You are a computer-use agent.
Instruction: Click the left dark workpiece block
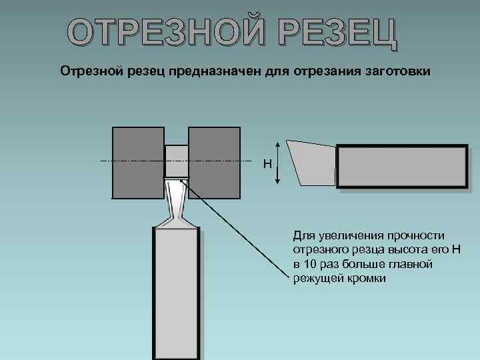(x=138, y=163)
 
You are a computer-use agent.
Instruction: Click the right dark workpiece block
(x=214, y=163)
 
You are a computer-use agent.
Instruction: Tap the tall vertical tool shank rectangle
(x=177, y=293)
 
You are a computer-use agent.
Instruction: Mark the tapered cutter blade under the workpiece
(x=177, y=200)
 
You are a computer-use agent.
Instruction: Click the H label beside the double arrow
(x=267, y=163)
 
